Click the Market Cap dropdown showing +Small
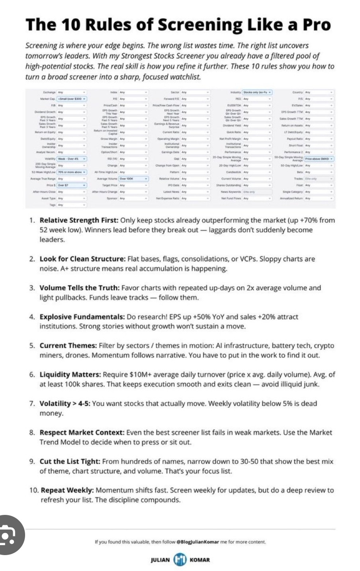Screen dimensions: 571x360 pos(72,98)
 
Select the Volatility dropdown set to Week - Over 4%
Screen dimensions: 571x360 pos(72,159)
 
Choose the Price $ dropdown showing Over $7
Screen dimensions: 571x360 pos(72,185)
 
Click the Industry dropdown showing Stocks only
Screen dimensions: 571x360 pos(258,92)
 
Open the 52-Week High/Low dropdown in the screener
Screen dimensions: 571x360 pos(72,172)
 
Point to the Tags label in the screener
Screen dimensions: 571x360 pos(52,205)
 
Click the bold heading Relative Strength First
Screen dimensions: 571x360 pos(79,220)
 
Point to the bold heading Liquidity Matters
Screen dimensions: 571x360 pos(70,374)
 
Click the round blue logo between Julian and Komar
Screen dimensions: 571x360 pos(180,559)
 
